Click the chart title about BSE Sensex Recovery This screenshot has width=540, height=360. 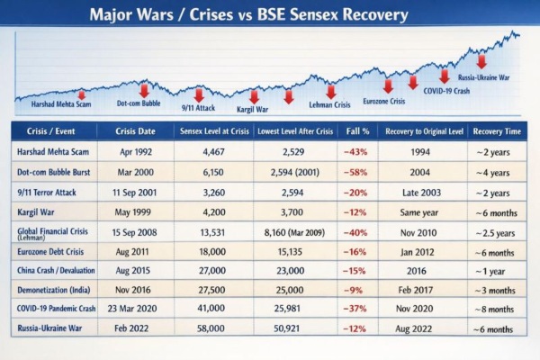click(270, 15)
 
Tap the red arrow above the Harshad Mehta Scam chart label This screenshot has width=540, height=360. click(81, 94)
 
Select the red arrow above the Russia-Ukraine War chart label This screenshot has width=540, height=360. click(481, 61)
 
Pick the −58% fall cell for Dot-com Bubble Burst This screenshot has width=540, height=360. click(353, 172)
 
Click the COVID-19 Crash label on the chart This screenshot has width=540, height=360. click(446, 90)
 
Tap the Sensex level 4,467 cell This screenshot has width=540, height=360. click(213, 151)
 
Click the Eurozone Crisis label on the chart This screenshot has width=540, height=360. click(388, 102)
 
